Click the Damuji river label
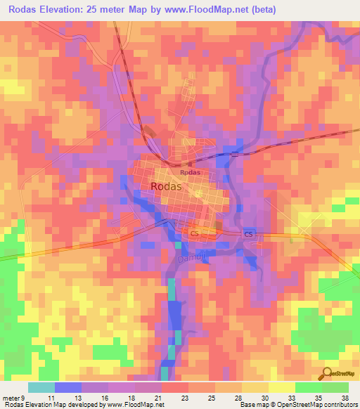tap(188, 259)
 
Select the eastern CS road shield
tap(248, 233)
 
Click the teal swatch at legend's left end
tap(41, 387)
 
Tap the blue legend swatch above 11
tap(67, 387)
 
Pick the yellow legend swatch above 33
tap(281, 387)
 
